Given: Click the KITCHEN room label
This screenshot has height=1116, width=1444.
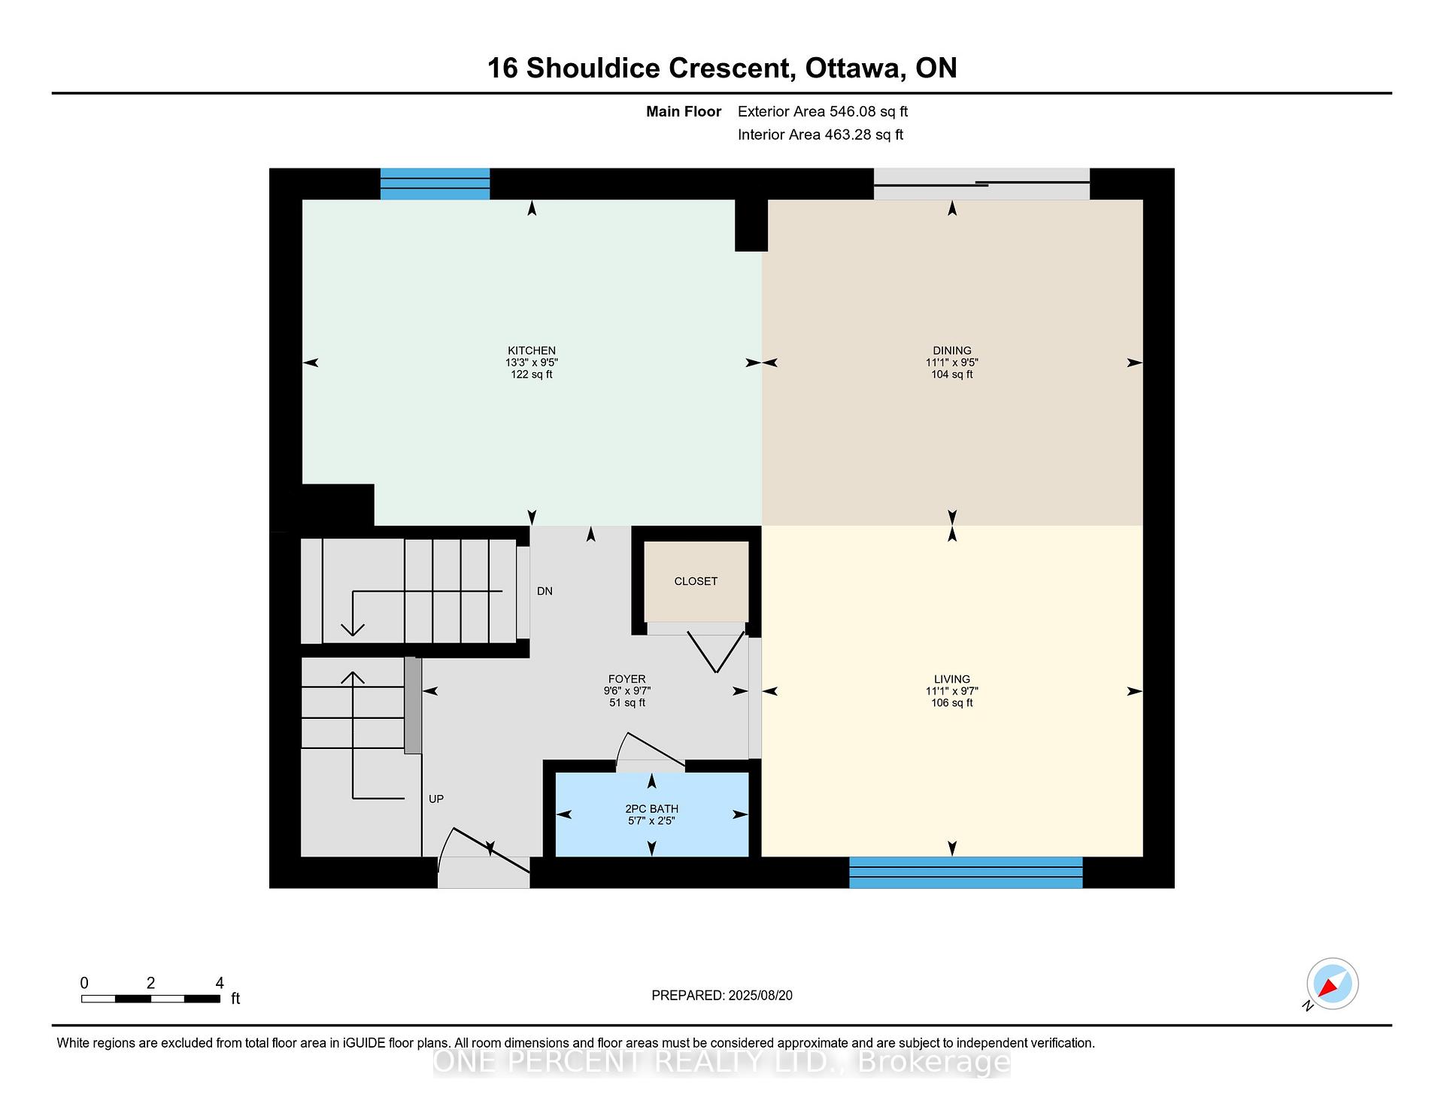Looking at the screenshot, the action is pyautogui.click(x=532, y=350).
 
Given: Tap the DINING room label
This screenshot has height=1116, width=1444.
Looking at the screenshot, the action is pyautogui.click(x=952, y=350).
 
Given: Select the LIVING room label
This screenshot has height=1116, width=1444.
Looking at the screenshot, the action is pyautogui.click(x=952, y=679).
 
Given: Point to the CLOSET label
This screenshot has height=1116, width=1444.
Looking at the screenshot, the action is pyautogui.click(x=696, y=581).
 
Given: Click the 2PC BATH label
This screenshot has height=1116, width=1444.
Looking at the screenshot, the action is pyautogui.click(x=652, y=809).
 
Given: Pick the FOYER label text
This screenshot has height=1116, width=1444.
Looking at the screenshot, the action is pyautogui.click(x=626, y=679).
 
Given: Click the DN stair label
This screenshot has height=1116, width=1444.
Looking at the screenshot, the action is pyautogui.click(x=545, y=591).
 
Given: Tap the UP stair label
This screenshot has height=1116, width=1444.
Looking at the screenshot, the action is pyautogui.click(x=436, y=799).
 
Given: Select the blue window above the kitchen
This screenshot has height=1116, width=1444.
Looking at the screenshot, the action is pyautogui.click(x=435, y=184).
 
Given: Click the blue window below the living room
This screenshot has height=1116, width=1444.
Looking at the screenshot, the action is pyautogui.click(x=966, y=872).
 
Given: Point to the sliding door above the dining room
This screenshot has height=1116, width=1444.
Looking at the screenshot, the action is pyautogui.click(x=981, y=183).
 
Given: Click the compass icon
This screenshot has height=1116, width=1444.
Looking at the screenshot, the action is pyautogui.click(x=1333, y=984).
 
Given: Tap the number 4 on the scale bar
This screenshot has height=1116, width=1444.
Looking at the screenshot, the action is pyautogui.click(x=220, y=983).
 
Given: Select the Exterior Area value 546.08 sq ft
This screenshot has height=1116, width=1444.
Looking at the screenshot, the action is pyautogui.click(x=869, y=111).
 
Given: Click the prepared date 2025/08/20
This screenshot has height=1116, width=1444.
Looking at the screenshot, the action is pyautogui.click(x=760, y=996).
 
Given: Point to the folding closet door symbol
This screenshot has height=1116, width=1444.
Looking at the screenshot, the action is pyautogui.click(x=717, y=652).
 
